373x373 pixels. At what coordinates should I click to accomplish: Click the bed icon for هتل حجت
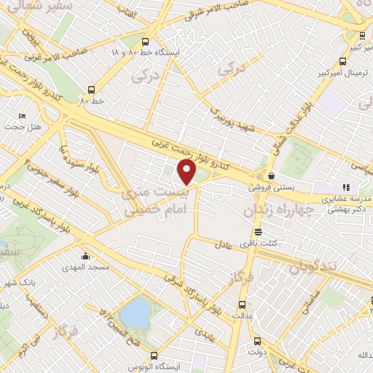pyautogui.click(x=22, y=117)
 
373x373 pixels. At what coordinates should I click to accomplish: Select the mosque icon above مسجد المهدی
pyautogui.click(x=87, y=256)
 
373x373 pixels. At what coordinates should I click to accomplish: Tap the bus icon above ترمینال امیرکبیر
pyautogui.click(x=343, y=62)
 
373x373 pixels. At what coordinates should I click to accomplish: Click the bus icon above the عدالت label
pyautogui.click(x=242, y=305)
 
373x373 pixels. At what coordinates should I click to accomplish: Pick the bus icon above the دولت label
pyautogui.click(x=257, y=340)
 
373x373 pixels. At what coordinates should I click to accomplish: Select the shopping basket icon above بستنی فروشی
pyautogui.click(x=271, y=175)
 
